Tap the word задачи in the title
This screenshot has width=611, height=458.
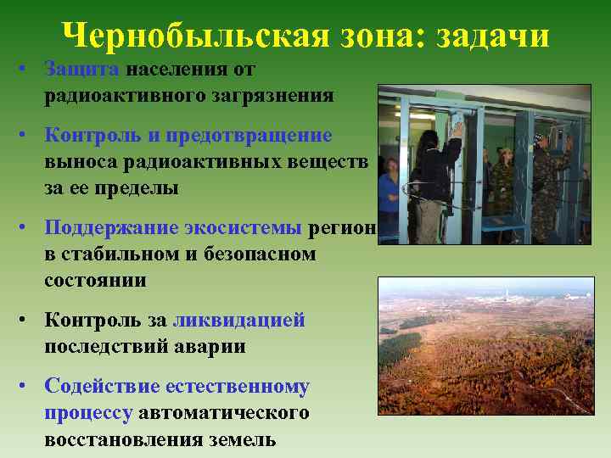493,36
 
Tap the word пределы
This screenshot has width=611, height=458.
140,189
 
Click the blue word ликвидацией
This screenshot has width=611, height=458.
238,320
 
